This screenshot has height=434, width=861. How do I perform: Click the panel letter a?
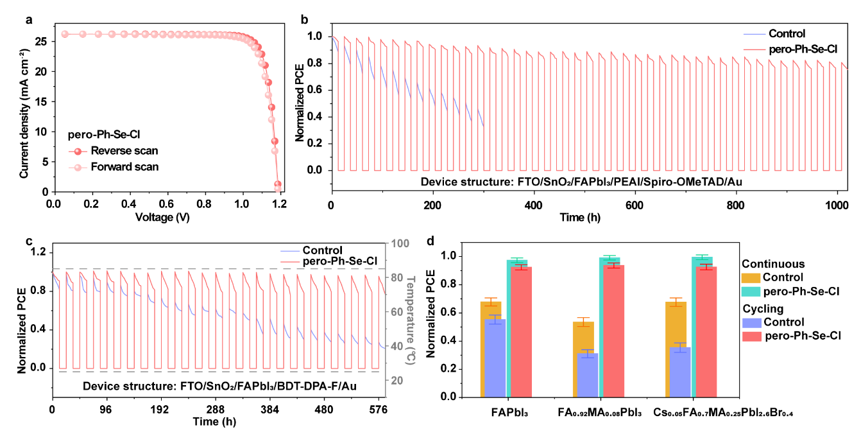[28, 19]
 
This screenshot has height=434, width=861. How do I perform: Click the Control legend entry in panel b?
[786, 34]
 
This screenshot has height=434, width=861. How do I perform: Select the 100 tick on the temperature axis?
[400, 244]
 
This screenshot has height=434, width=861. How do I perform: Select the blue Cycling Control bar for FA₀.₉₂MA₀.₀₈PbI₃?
[588, 375]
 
